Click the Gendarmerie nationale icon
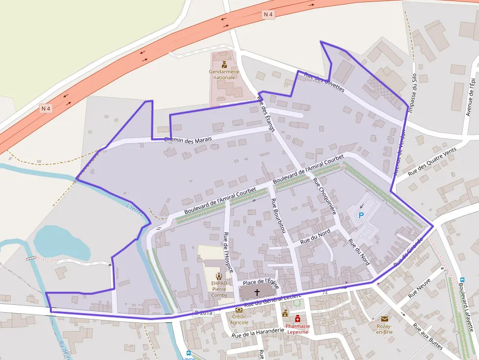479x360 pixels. (x=224, y=64)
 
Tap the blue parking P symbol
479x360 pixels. (x=361, y=215)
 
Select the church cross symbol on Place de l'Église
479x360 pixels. (x=257, y=292)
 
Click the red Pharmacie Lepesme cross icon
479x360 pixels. (x=298, y=319)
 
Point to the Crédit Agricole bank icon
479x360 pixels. (x=239, y=310)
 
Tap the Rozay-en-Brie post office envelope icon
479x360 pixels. (x=385, y=319)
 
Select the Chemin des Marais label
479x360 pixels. (x=188, y=140)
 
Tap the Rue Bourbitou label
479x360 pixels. (x=278, y=215)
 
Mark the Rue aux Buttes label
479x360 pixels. (x=428, y=337)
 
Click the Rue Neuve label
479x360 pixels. (x=419, y=289)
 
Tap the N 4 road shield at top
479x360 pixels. (x=268, y=15)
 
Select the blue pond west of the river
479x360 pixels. (x=61, y=243)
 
